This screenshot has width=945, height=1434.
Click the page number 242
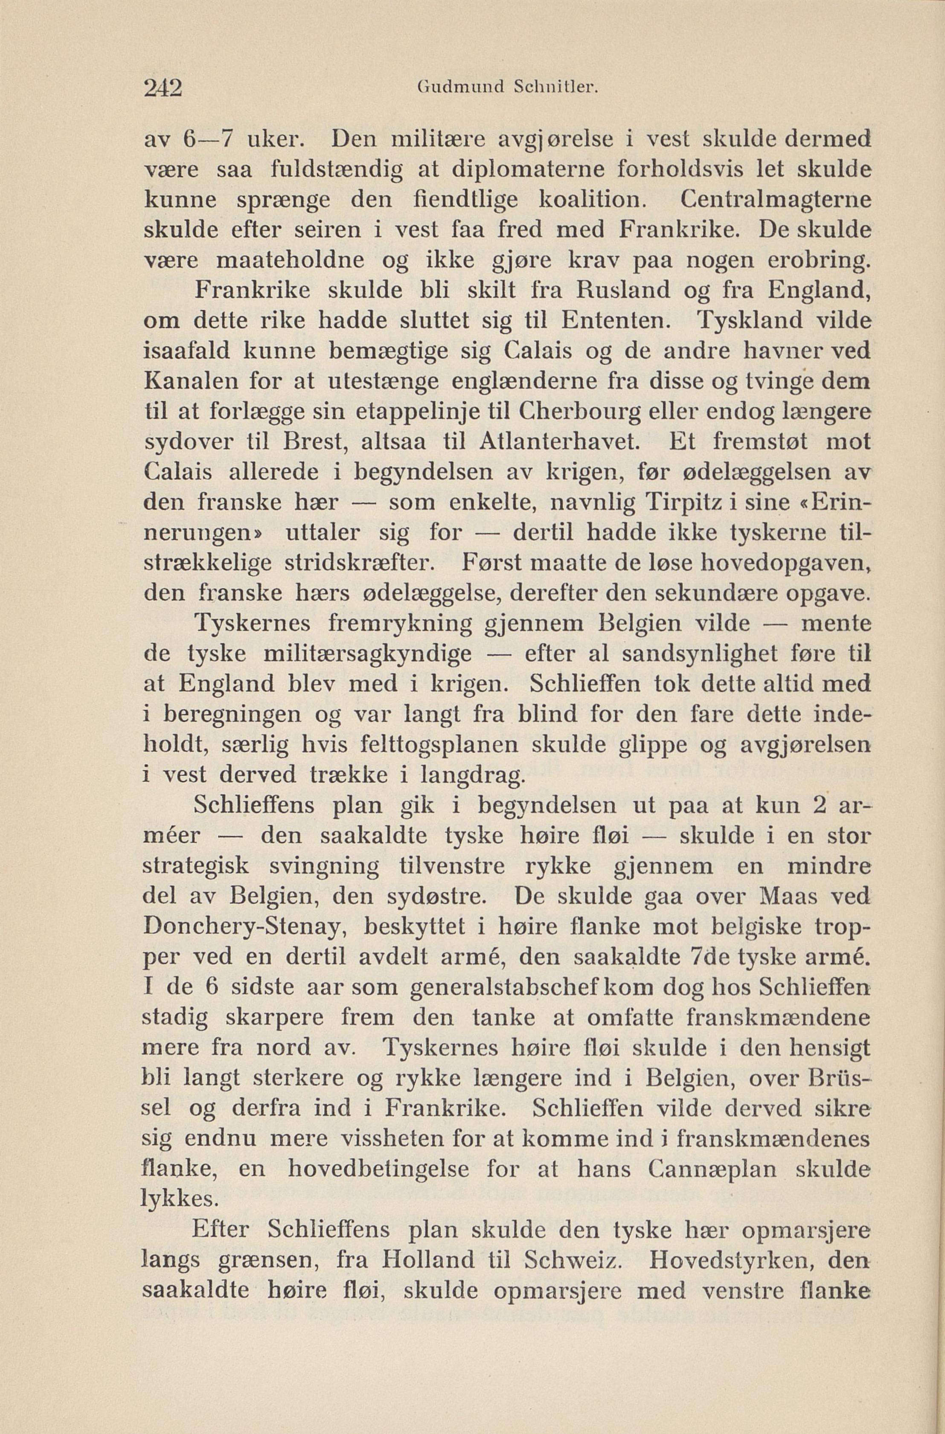point(163,88)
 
